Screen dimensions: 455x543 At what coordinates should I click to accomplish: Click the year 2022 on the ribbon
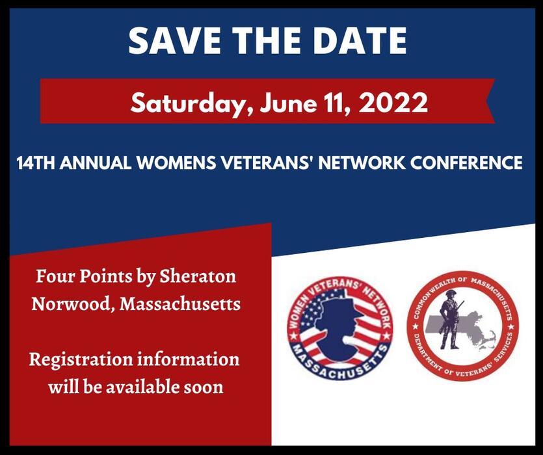click(390, 102)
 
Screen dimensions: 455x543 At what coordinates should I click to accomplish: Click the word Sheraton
click(205, 276)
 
